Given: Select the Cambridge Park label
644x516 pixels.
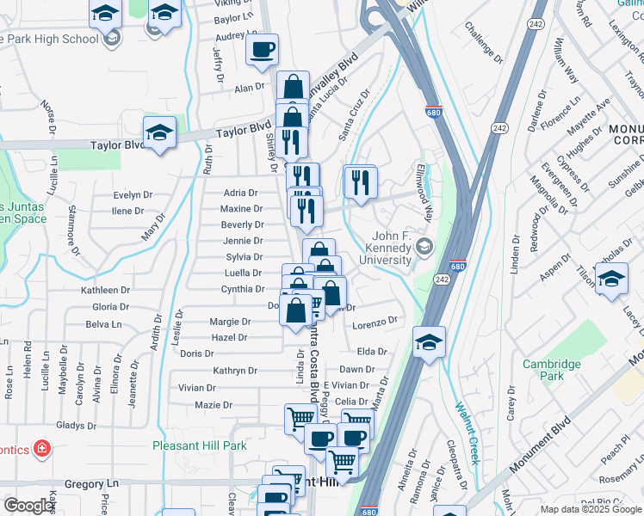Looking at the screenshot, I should coord(551,370).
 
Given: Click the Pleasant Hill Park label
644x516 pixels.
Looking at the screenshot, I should coord(199,445).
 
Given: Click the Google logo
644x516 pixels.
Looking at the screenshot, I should coord(29,506).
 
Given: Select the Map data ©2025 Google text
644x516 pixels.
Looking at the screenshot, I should coord(591,509).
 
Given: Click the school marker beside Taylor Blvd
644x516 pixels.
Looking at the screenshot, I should coord(159,133).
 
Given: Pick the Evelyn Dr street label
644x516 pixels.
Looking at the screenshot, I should coord(132,195).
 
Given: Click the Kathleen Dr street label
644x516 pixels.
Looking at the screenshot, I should coord(104,291).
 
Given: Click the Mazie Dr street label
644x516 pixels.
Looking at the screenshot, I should coord(214,405).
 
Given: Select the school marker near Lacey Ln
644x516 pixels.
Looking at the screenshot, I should coord(611,280).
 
